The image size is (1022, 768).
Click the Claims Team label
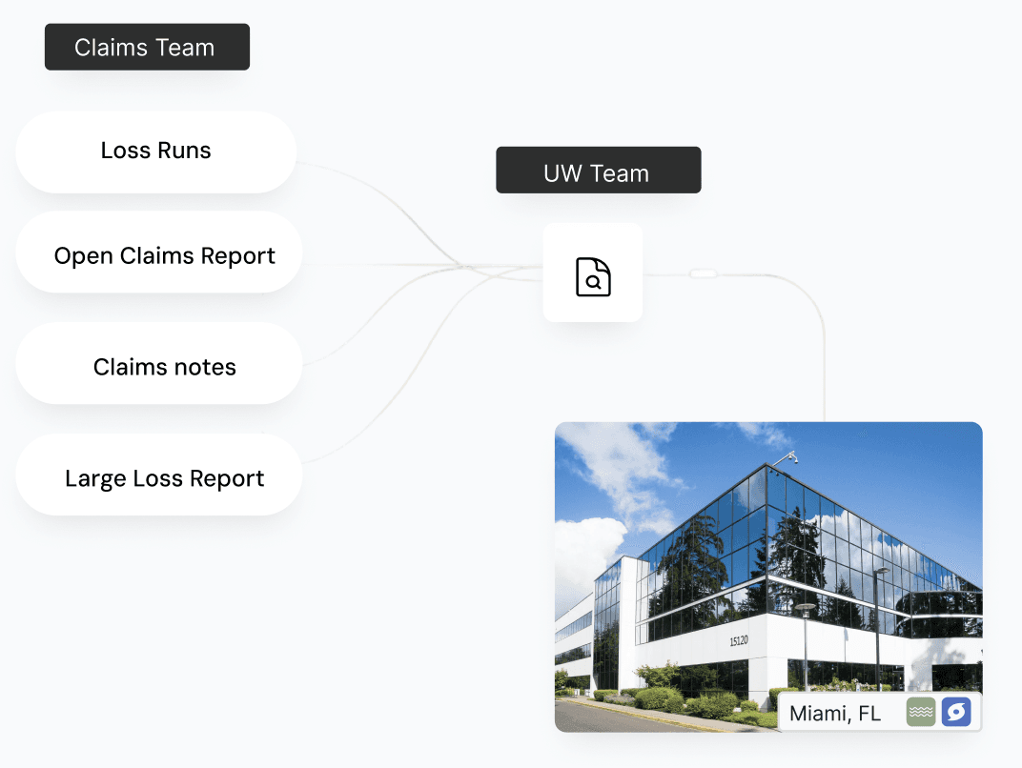[x=147, y=48]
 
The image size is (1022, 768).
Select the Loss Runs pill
[x=155, y=151]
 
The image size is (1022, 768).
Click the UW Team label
[x=598, y=173]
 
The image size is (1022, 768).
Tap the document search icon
[x=593, y=276]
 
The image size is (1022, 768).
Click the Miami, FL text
[x=835, y=713]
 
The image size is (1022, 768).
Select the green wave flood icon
[x=920, y=713]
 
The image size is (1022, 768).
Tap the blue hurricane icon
[x=955, y=713]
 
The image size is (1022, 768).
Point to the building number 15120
[x=739, y=641]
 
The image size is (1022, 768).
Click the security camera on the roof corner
[x=787, y=458]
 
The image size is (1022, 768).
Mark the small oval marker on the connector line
[x=703, y=273]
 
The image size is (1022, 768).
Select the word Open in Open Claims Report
[x=77, y=256]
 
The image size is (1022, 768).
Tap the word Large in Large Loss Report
[x=91, y=478]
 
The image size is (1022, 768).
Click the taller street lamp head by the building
[x=881, y=572]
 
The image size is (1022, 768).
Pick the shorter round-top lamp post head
[x=806, y=607]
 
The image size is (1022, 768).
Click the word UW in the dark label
[x=562, y=173]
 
